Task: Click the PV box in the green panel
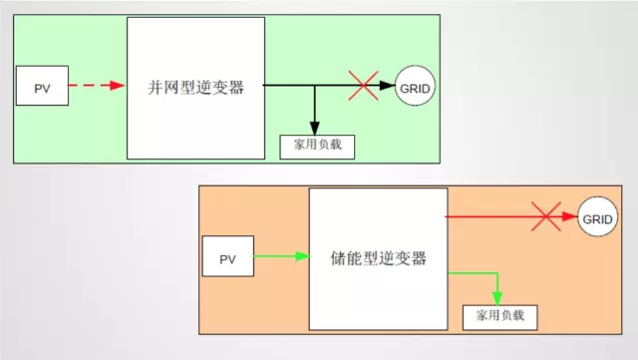tap(42, 88)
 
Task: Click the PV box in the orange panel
tap(227, 259)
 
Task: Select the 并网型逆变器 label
tap(195, 88)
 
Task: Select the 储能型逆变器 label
tap(378, 258)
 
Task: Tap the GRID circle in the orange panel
tap(597, 218)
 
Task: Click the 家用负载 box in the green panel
tap(317, 146)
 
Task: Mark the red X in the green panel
tap(363, 86)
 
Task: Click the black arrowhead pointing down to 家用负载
tap(315, 127)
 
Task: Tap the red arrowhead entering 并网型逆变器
tap(118, 87)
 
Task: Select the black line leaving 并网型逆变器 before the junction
tap(289, 86)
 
